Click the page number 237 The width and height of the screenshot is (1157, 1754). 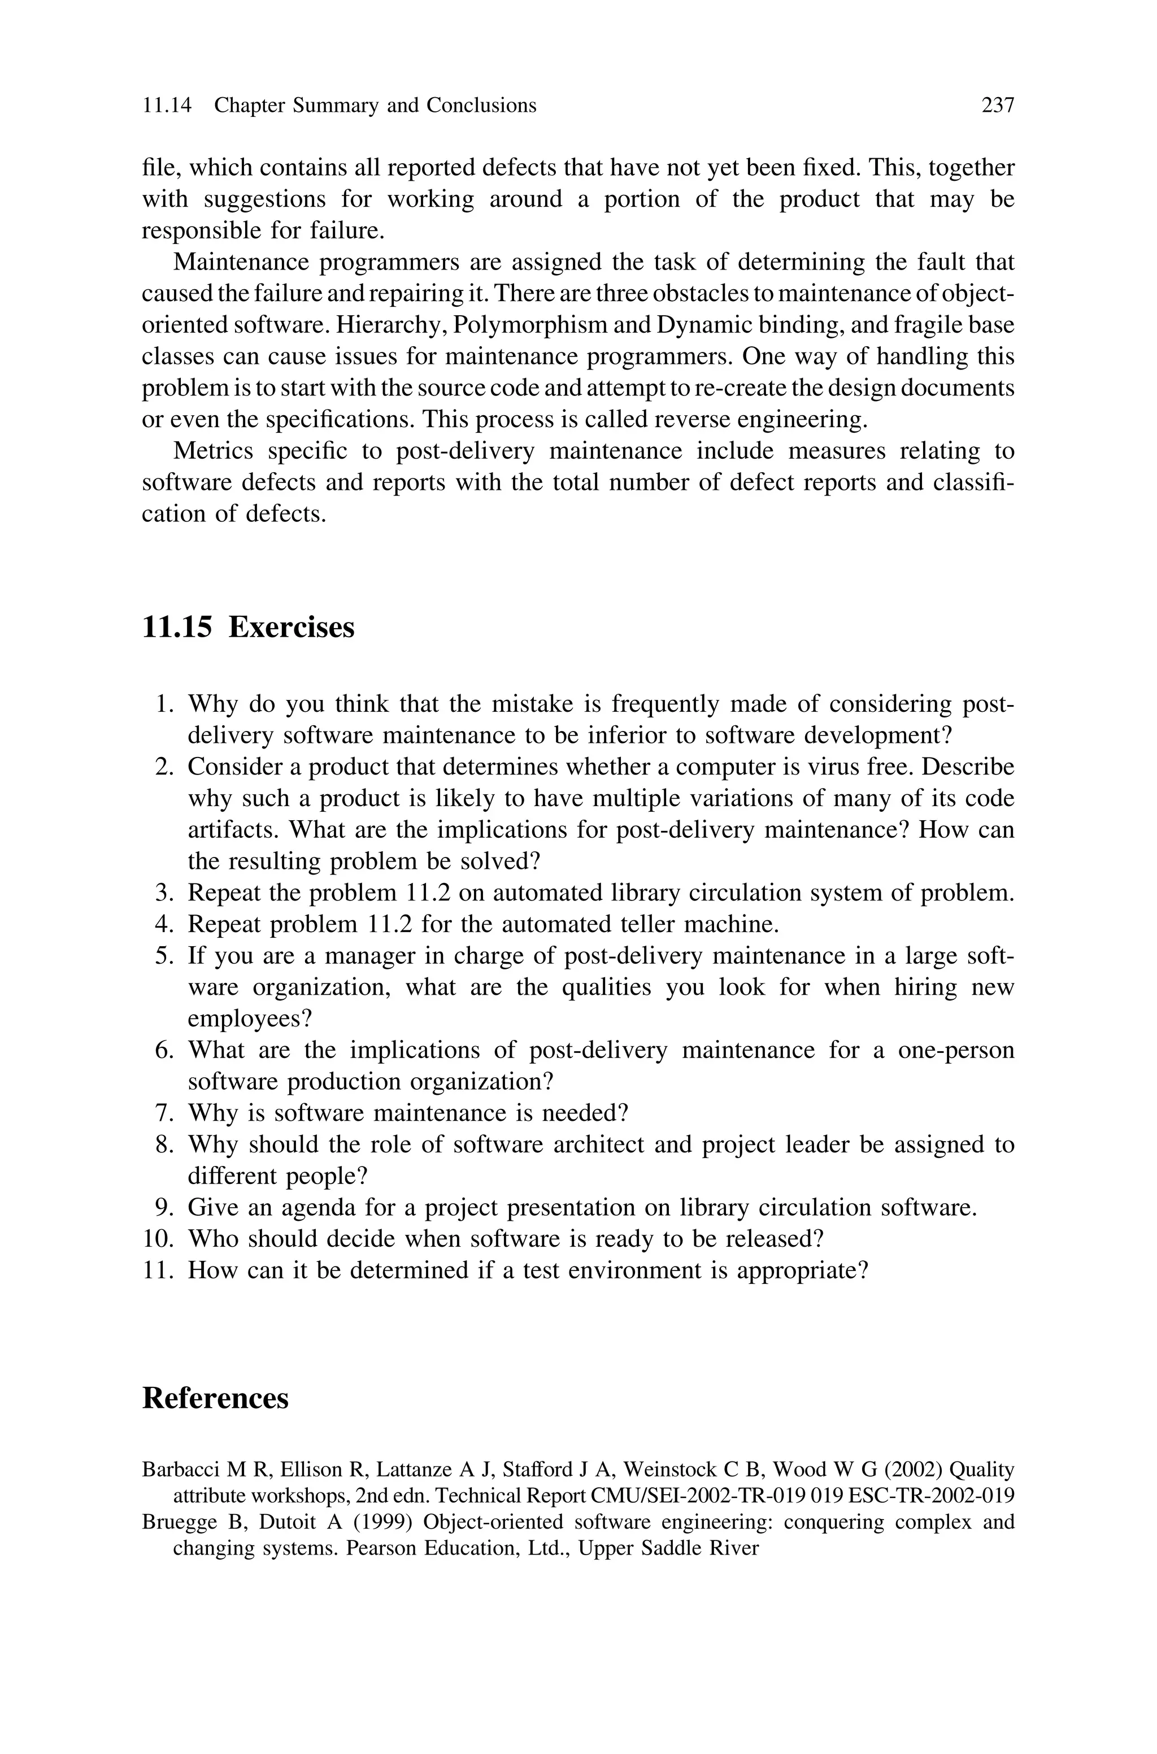click(998, 106)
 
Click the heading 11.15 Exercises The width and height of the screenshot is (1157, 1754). click(248, 628)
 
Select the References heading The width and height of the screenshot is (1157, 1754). click(215, 1398)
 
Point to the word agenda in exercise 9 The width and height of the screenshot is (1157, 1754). click(338, 1207)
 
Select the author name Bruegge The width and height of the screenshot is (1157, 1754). click(176, 1522)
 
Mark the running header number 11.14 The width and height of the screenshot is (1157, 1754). click(166, 106)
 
